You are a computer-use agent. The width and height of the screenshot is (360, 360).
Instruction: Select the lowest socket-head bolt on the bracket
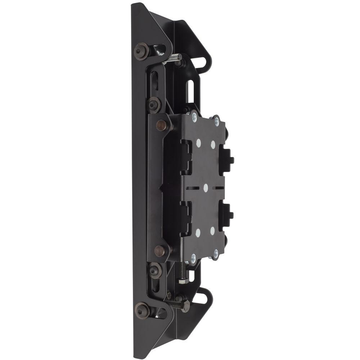[142, 310]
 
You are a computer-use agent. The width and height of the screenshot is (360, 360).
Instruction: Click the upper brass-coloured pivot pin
[162, 125]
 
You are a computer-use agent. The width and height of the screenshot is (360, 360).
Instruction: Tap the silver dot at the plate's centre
[206, 188]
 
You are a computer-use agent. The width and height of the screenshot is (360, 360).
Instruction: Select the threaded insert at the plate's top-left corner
[194, 116]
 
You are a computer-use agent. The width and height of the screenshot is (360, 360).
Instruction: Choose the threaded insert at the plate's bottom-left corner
[193, 257]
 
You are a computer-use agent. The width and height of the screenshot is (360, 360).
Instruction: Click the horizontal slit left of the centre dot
[193, 188]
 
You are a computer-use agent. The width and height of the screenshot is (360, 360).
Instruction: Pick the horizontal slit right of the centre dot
[219, 188]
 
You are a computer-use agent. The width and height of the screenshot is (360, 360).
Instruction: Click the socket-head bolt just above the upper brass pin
[154, 104]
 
